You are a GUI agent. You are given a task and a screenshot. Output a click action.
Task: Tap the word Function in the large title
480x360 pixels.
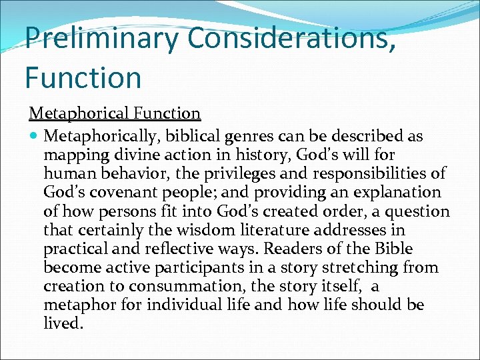click(x=83, y=77)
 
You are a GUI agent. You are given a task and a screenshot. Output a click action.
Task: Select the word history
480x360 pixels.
click(x=231, y=155)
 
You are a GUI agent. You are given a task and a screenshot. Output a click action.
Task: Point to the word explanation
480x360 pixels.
click(x=400, y=193)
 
